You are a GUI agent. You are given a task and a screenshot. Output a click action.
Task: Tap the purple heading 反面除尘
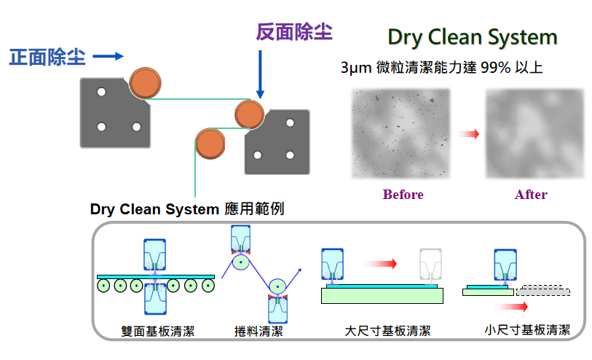coord(294,32)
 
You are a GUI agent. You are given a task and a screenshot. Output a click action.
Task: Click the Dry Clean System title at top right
coord(473,37)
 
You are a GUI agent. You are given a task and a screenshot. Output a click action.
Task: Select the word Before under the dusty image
coord(403,195)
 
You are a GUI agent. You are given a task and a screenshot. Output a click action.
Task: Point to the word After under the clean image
coord(531,195)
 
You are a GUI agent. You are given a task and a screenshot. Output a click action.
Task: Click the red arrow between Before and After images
coord(470,134)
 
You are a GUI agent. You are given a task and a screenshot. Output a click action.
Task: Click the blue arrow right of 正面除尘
coord(109,56)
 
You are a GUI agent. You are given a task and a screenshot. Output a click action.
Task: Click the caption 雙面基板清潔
coord(158,332)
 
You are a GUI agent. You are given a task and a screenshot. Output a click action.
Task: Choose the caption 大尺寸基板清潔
coord(387,332)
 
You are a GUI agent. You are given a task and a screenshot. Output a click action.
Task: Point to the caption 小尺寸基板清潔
coord(527,329)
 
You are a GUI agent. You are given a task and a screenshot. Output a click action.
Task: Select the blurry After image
coord(534,133)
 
